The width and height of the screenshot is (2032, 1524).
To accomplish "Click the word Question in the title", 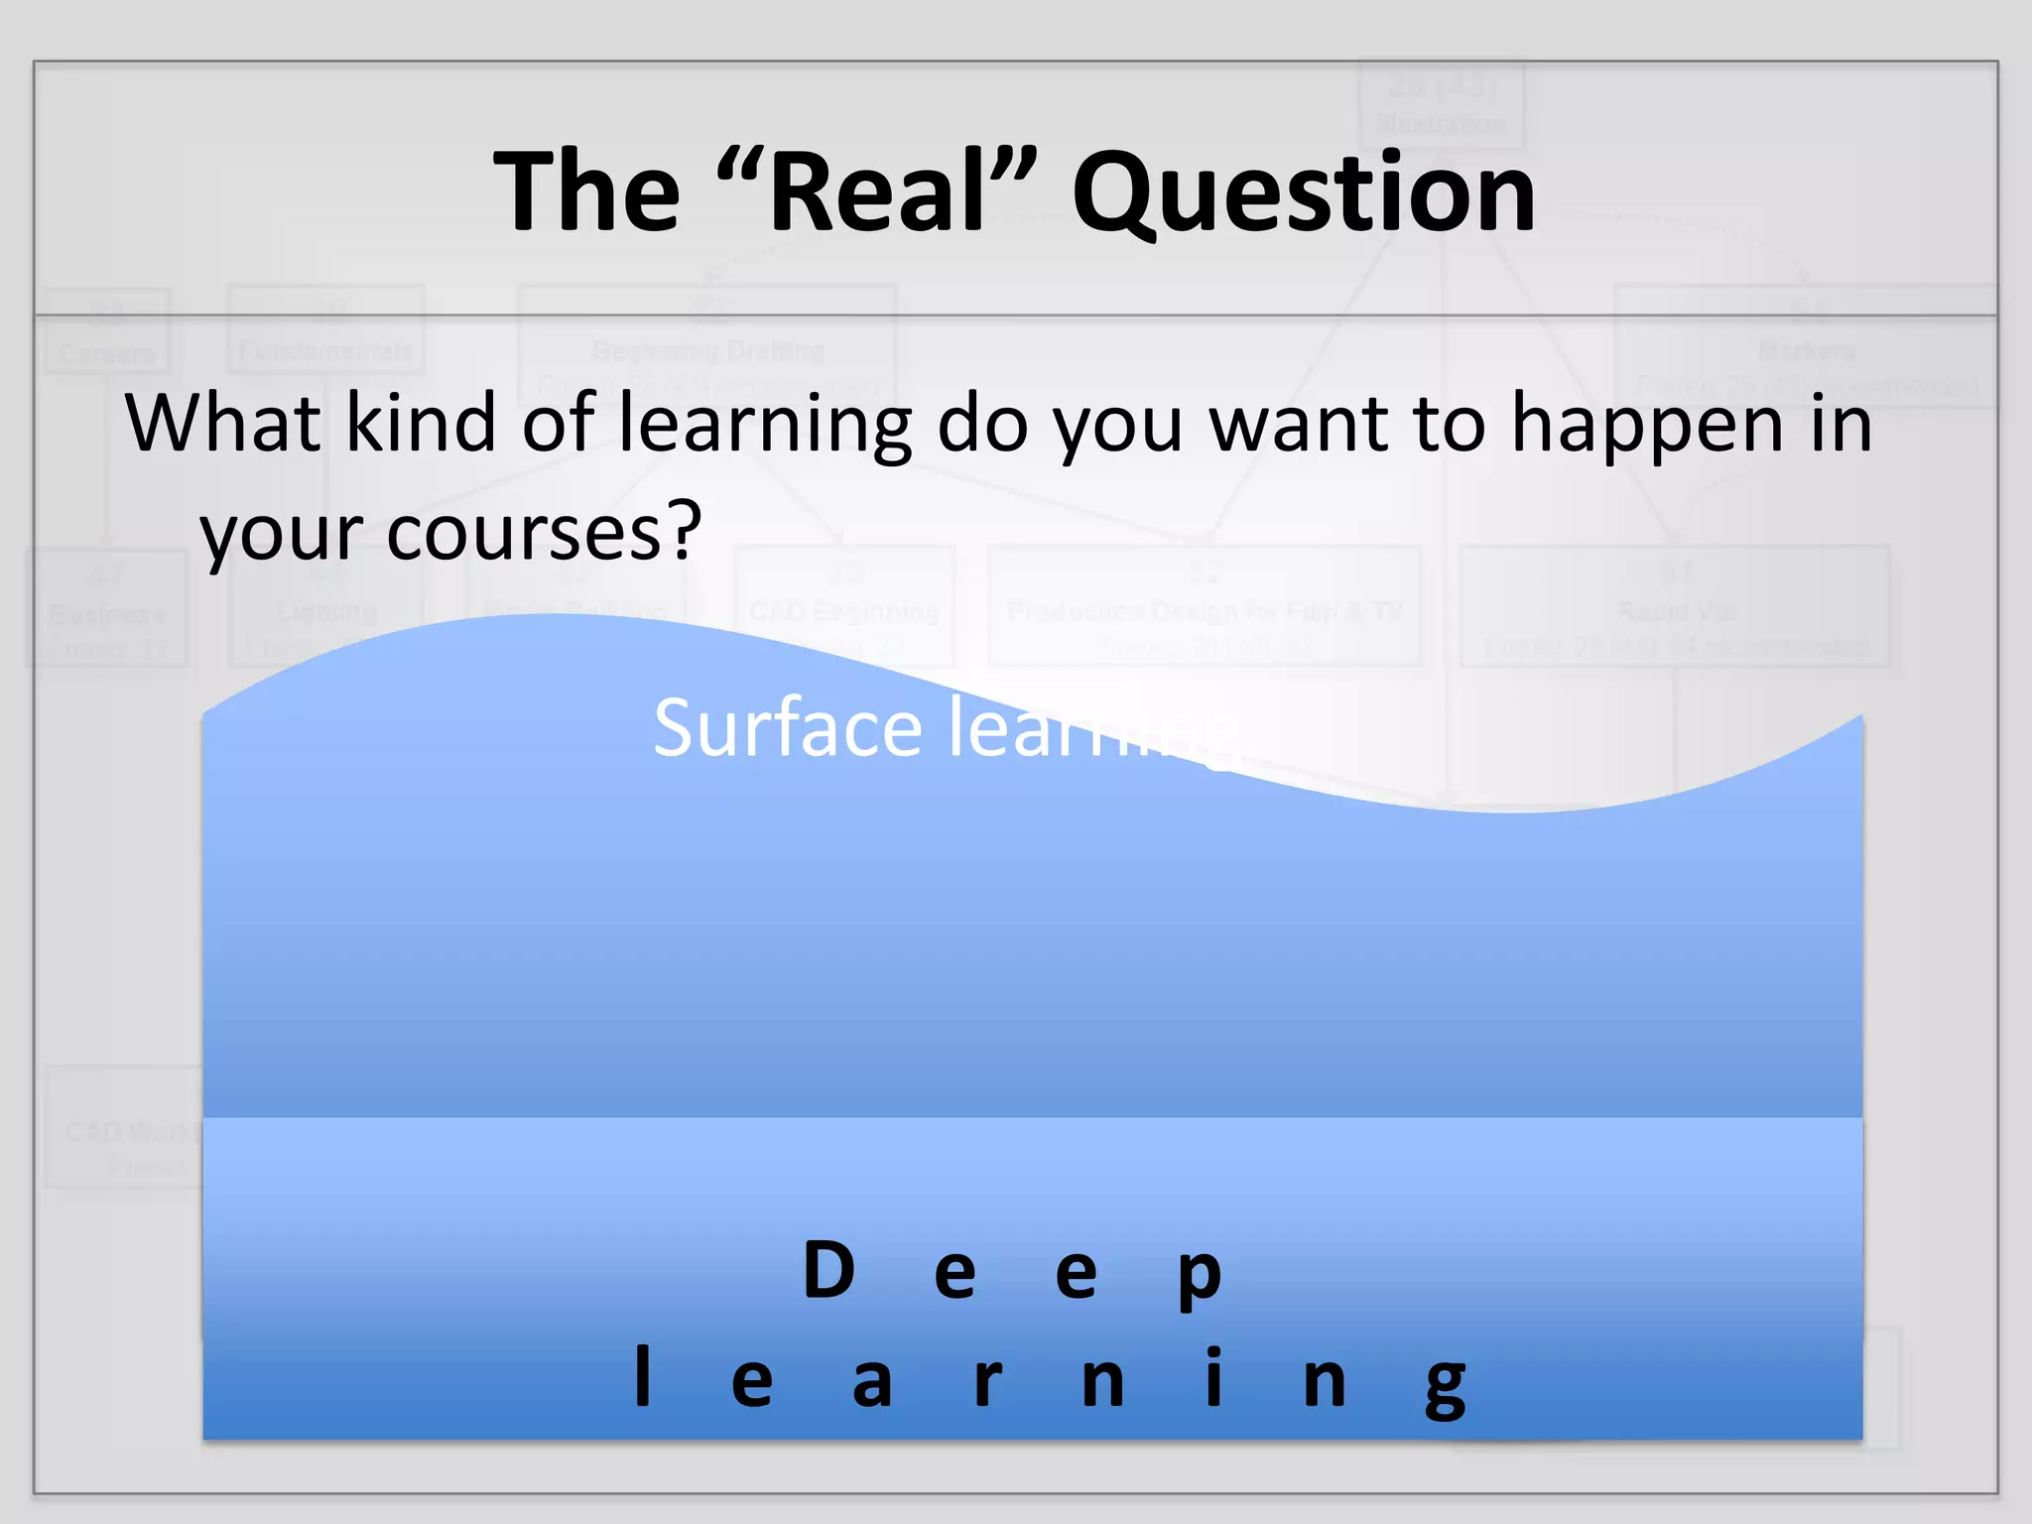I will pyautogui.click(x=1304, y=193).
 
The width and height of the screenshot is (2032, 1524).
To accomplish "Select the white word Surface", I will pyautogui.click(x=788, y=728).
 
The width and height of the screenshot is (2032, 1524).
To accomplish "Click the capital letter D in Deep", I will pyautogui.click(x=828, y=1270).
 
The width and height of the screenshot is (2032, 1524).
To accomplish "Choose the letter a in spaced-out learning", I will pyautogui.click(x=872, y=1382).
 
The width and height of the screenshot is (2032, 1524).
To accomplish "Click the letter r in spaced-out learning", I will pyautogui.click(x=987, y=1382).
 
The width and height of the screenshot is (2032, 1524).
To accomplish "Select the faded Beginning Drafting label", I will pyautogui.click(x=707, y=351).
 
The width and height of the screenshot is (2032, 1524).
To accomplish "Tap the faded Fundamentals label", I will pyautogui.click(x=325, y=352).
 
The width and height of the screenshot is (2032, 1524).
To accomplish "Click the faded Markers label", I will pyautogui.click(x=1806, y=351).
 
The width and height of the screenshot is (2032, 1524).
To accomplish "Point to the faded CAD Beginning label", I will pyautogui.click(x=844, y=612).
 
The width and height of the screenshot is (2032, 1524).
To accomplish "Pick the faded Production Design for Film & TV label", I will pyautogui.click(x=1205, y=611).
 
